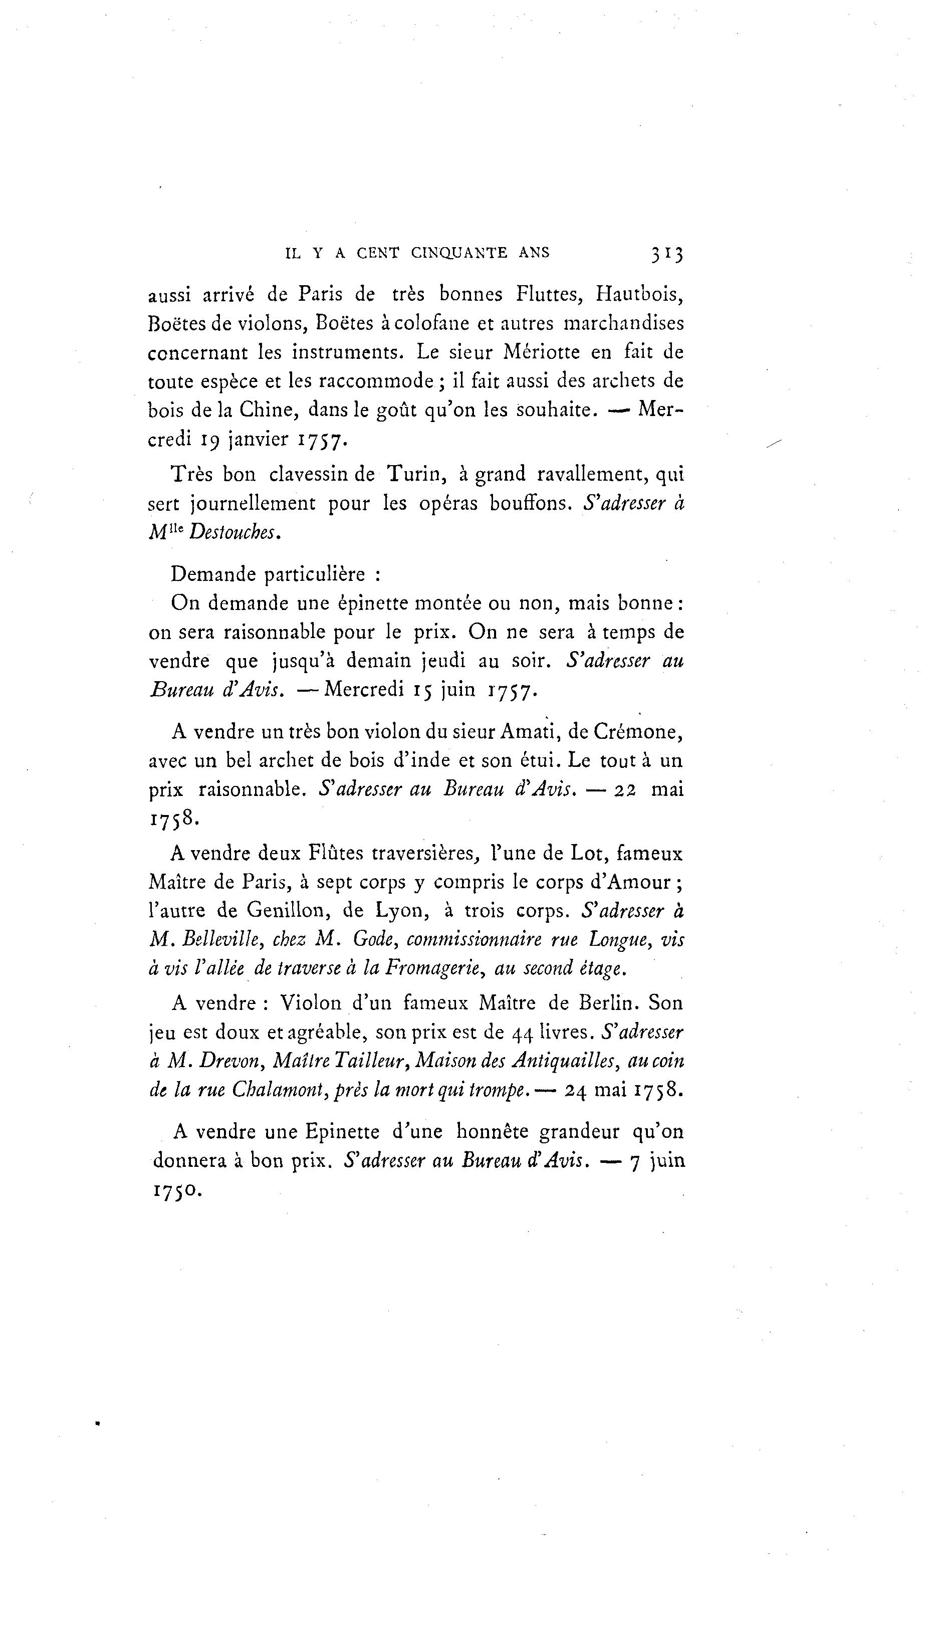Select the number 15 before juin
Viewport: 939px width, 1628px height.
(x=422, y=690)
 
